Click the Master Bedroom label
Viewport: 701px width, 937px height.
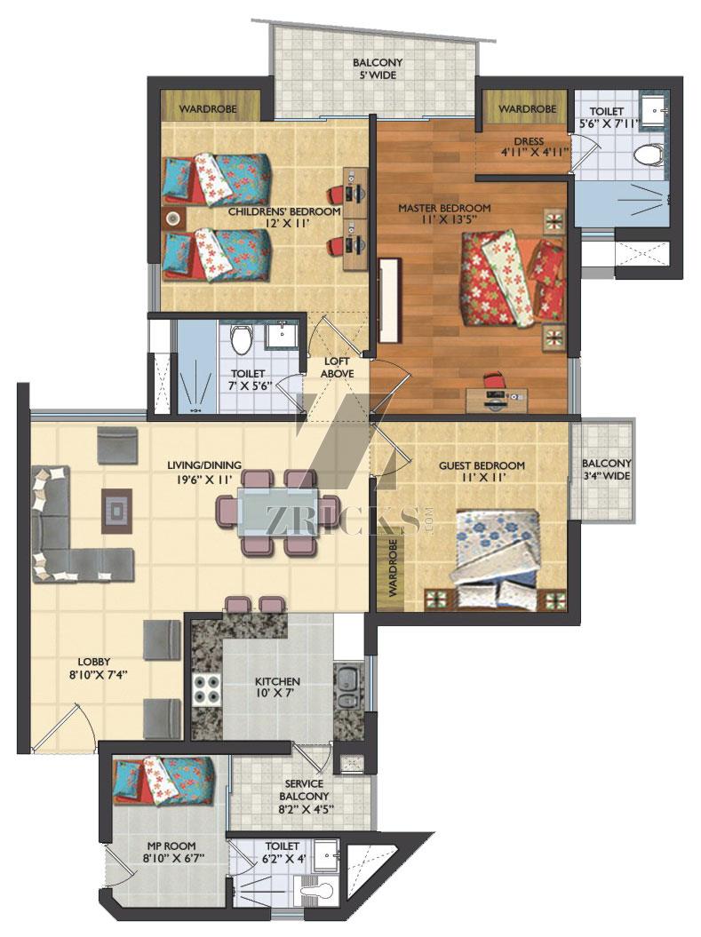444,208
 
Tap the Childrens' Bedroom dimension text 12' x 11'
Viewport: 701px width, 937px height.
288,224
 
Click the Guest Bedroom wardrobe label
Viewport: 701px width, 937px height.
394,568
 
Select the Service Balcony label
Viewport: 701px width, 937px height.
304,790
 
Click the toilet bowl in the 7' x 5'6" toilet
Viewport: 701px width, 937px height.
243,341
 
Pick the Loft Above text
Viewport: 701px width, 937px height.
337,368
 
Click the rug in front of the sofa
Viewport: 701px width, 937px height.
116,511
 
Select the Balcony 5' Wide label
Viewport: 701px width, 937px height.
377,68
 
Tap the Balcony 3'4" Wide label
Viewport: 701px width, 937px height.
606,470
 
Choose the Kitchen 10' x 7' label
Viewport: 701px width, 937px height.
277,687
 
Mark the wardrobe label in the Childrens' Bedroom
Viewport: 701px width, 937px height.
208,109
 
